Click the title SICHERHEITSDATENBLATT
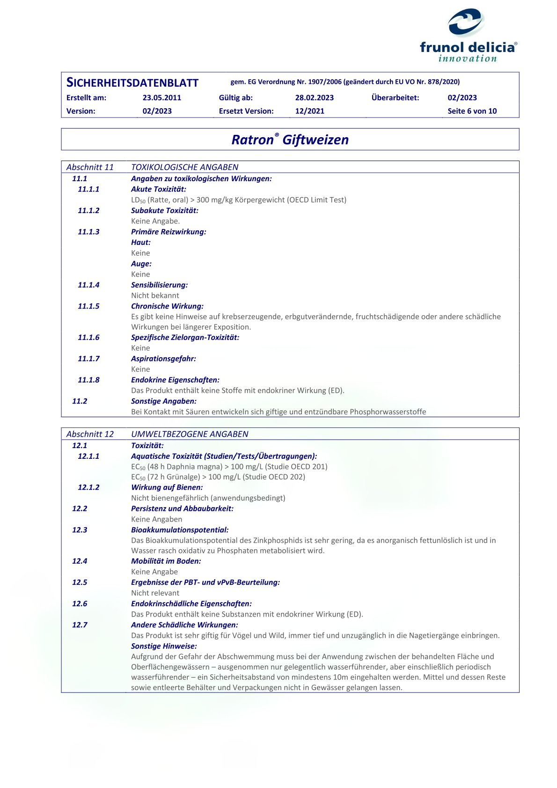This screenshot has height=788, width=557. pos(132,83)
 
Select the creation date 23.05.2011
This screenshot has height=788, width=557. pos(161,98)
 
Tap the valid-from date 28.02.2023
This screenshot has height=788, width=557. pos(314,98)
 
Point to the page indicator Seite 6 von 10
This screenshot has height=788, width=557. pos(472,111)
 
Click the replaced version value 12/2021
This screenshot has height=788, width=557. pos(309,111)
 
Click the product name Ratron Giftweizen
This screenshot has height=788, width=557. pos(290,140)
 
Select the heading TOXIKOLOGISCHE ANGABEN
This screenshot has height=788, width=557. pos(184,167)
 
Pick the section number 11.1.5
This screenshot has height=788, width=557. pos(88,306)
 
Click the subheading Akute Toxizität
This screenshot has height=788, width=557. pos(158,189)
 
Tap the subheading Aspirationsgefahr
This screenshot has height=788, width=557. pos(163,359)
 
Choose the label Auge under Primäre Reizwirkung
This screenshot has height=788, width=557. pos(141,264)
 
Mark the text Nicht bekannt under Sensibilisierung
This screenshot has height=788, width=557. pos(155,295)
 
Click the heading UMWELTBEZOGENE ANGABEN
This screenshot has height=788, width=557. pos(190,434)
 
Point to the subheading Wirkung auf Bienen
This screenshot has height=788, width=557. pos(167,487)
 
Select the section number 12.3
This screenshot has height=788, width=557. pos(80,530)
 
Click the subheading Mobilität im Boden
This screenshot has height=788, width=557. pos(166,561)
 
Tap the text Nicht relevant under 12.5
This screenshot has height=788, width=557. pos(155,593)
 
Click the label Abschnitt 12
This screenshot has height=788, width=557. pos(90,434)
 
